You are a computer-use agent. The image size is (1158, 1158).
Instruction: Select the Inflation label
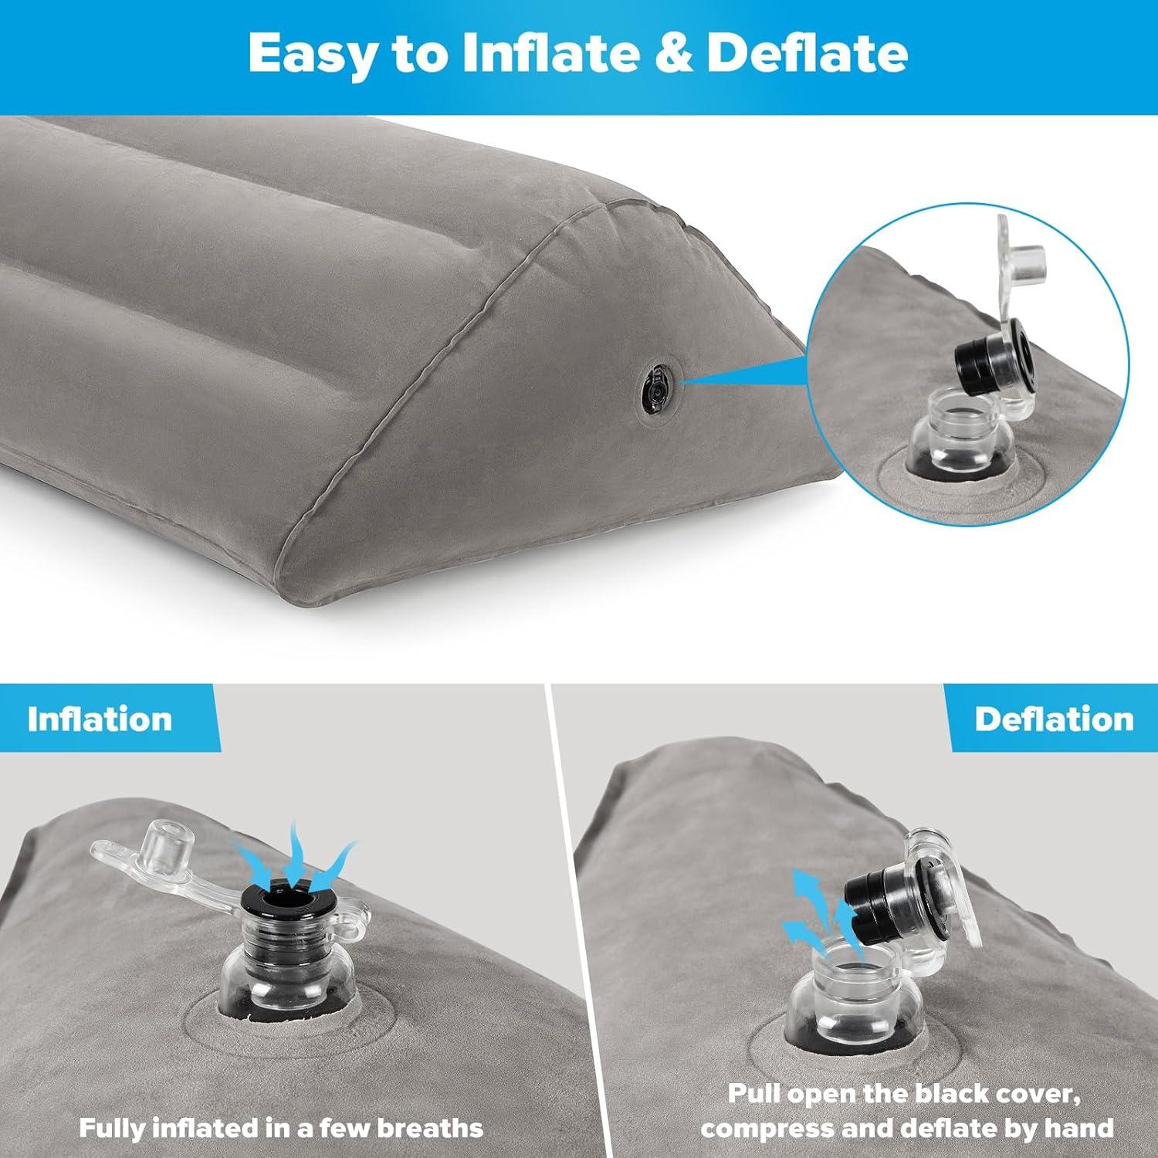pos(100,720)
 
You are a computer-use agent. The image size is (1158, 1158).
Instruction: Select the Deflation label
pos(1054,720)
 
